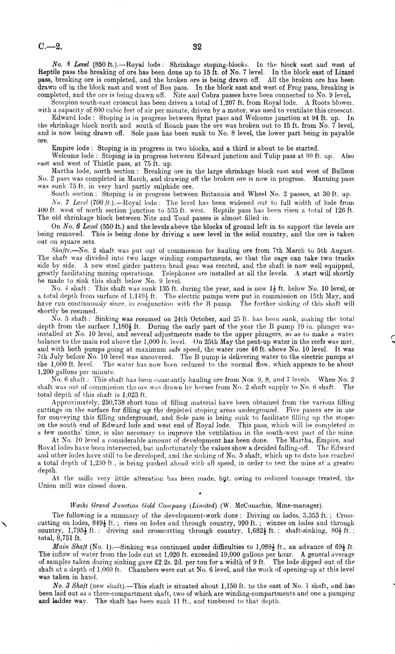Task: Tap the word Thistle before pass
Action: point(94,164)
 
